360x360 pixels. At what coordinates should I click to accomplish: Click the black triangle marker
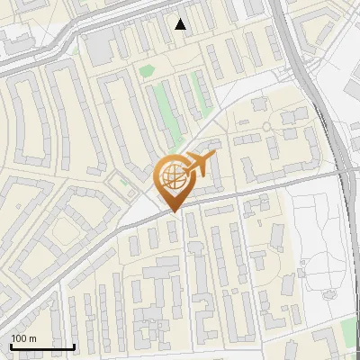[x=181, y=24]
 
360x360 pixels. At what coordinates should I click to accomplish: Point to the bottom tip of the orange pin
[x=174, y=212]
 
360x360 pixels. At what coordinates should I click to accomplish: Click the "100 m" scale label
[x=24, y=338]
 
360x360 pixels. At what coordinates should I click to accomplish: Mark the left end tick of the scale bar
[x=11, y=346]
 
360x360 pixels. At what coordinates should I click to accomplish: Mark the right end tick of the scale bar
[x=74, y=346]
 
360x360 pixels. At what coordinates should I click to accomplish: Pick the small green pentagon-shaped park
[x=146, y=70]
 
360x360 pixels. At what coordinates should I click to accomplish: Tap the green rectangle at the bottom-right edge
[x=349, y=332]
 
